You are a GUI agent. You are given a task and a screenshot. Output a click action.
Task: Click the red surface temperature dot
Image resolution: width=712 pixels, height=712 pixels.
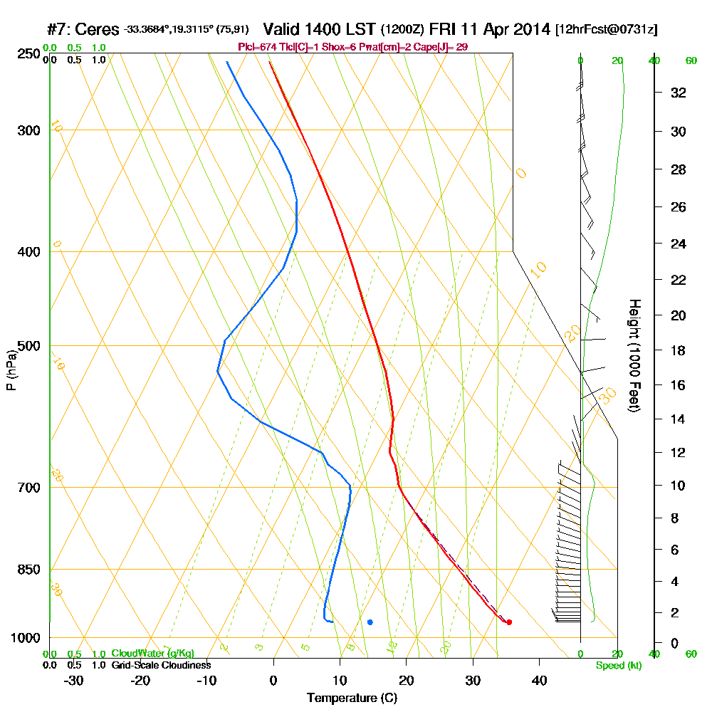[x=509, y=622]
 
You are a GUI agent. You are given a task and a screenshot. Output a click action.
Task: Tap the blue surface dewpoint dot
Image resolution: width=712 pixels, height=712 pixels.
[x=370, y=622]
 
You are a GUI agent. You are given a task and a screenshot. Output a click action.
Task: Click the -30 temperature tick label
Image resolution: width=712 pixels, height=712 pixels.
[x=73, y=681]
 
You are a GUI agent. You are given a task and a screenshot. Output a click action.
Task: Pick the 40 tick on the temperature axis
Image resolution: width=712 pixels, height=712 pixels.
[x=539, y=681]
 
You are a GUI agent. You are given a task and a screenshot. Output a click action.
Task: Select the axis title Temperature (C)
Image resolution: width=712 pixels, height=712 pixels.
[x=352, y=698]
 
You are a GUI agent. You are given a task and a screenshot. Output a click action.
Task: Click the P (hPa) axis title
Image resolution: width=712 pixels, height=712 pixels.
[x=11, y=370]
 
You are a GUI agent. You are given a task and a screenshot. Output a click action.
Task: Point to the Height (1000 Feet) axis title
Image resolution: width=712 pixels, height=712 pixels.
[x=633, y=356]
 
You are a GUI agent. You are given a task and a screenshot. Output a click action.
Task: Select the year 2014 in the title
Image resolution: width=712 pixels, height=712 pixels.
[x=530, y=30]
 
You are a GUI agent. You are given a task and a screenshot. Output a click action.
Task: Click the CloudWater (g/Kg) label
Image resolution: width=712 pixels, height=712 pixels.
[x=152, y=654]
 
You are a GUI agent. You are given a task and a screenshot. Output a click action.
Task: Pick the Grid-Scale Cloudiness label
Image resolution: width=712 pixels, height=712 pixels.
[x=161, y=665]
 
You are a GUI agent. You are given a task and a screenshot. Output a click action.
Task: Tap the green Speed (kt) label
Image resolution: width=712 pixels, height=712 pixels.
[x=618, y=666]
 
